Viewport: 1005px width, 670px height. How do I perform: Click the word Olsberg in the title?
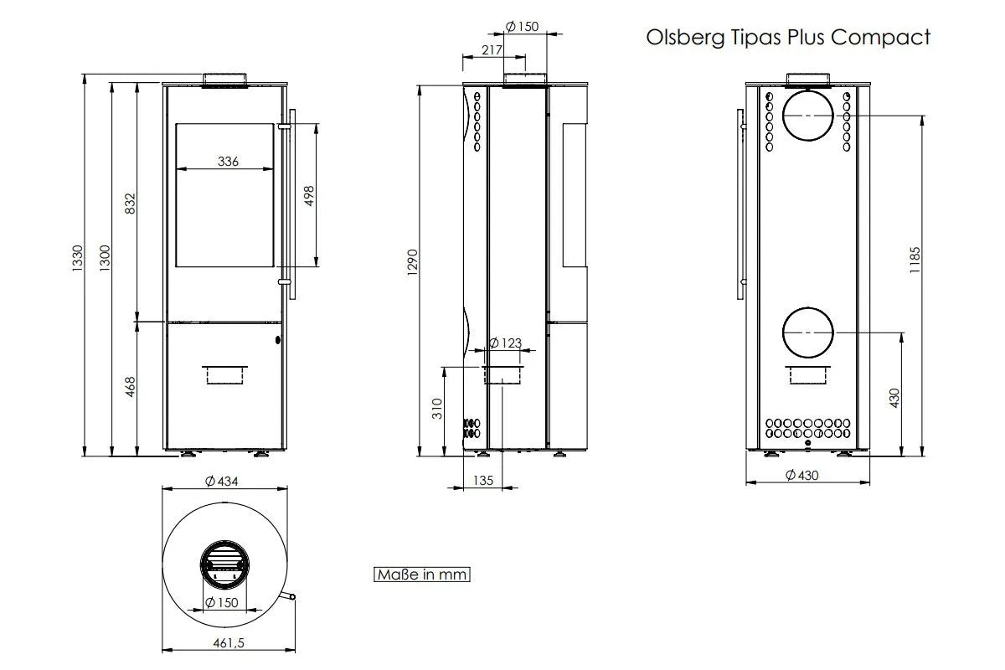[x=685, y=38]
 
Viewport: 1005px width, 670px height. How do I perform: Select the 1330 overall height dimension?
[x=78, y=258]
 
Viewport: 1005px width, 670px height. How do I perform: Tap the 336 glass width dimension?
[x=228, y=161]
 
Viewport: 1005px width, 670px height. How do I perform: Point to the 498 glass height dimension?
[x=309, y=196]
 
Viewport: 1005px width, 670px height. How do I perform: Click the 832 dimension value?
[x=130, y=204]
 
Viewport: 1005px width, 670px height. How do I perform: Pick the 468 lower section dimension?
[x=130, y=387]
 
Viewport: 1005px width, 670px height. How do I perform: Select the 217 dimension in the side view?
[x=492, y=49]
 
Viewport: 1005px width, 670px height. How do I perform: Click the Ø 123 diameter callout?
[x=505, y=343]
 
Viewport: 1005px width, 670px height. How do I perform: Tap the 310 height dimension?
[x=437, y=409]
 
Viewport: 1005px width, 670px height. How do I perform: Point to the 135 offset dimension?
[x=483, y=481]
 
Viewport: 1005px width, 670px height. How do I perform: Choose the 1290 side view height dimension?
[x=412, y=262]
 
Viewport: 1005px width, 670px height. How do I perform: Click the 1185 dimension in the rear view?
[x=915, y=260]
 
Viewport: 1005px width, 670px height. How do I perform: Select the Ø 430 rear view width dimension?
[x=802, y=475]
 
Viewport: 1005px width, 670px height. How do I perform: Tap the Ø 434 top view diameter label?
[x=222, y=482]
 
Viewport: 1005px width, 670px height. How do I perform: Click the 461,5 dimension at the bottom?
[x=229, y=643]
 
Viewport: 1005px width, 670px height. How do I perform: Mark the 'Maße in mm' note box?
[x=422, y=575]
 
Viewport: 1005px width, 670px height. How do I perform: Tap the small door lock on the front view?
[x=278, y=340]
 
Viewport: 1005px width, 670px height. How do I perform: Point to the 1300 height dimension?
[x=105, y=258]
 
